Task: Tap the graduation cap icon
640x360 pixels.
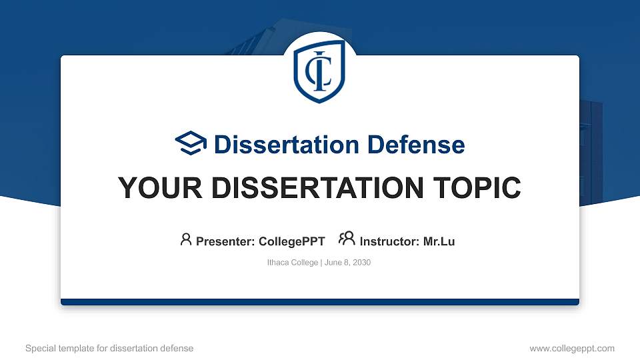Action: [191, 143]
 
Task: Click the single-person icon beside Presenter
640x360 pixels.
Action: [186, 239]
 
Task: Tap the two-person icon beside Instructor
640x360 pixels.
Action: [347, 239]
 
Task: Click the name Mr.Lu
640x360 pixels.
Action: [439, 241]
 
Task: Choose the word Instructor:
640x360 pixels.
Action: [389, 241]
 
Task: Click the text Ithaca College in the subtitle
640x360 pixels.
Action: [292, 263]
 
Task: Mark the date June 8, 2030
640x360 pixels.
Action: [347, 263]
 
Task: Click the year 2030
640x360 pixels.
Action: [361, 263]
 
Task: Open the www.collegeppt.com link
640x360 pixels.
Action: [572, 348]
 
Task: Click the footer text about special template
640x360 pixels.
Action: [109, 348]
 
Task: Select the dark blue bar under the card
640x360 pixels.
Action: [320, 302]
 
